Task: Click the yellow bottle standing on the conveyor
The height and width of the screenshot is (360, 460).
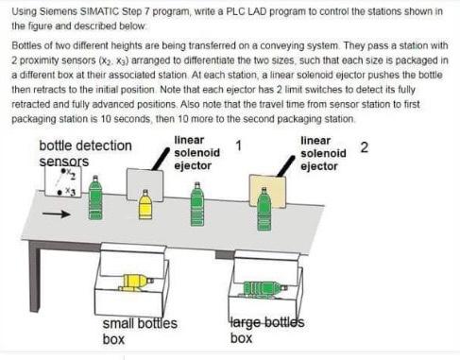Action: [x=145, y=205]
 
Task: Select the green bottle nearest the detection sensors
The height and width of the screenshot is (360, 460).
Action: [x=95, y=200]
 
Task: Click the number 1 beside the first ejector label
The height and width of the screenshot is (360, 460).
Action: [x=238, y=145]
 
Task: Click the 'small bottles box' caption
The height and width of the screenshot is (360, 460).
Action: [x=140, y=331]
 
